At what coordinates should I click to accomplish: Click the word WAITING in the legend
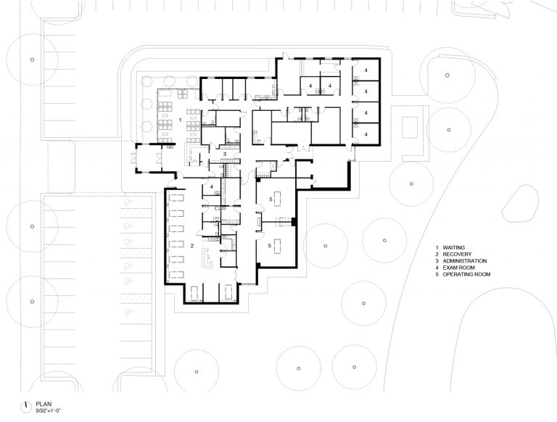click(x=453, y=247)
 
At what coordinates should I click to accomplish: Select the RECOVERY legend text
click(x=457, y=255)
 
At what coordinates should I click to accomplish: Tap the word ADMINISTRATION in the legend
click(x=465, y=261)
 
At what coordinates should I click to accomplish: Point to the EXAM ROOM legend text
click(x=458, y=268)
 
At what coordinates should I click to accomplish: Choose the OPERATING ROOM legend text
click(x=466, y=274)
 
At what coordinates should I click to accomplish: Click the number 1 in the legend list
click(x=437, y=247)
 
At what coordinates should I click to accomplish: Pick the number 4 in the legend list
click(x=437, y=268)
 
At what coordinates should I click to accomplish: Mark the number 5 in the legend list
click(x=437, y=274)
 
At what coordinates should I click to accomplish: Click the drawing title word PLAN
click(x=44, y=405)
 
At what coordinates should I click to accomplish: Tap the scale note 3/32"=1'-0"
click(x=49, y=410)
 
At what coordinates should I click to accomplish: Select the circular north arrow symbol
click(x=25, y=407)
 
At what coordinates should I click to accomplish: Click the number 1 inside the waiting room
click(x=180, y=120)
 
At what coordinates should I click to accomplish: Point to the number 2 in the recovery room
click(x=192, y=246)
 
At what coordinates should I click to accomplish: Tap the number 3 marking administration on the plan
click(x=225, y=154)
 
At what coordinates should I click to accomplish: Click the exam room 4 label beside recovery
click(x=211, y=186)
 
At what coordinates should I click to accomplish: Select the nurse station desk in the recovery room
click(x=207, y=258)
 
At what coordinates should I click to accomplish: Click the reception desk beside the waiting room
click(x=192, y=154)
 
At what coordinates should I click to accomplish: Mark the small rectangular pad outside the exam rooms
click(x=410, y=127)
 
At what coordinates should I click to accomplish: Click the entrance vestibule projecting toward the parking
click(x=148, y=158)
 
